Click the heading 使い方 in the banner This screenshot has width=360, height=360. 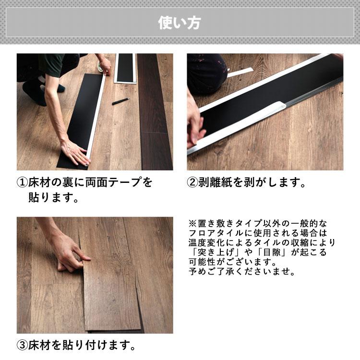click(x=180, y=23)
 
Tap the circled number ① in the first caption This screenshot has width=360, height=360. click(x=22, y=183)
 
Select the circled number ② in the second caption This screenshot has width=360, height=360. click(x=192, y=183)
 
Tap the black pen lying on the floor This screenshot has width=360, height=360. click(x=120, y=101)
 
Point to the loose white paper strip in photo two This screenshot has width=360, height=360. click(x=240, y=72)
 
